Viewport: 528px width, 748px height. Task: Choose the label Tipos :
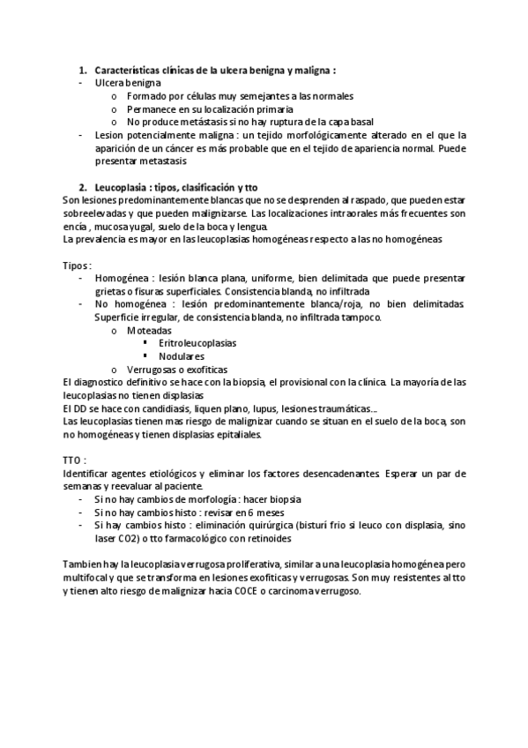78,266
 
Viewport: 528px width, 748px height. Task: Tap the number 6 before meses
251,512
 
